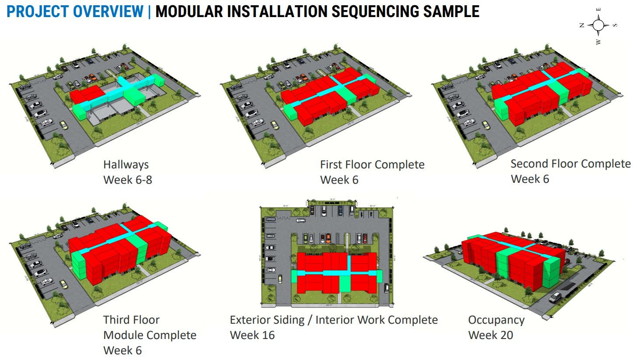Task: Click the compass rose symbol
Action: [598, 25]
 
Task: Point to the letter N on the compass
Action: [582, 25]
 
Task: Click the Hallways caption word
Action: [126, 165]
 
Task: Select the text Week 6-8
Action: [128, 180]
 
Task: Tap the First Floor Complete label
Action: [372, 165]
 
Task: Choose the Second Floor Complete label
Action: [570, 164]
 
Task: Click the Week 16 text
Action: [252, 335]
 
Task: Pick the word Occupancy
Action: [496, 320]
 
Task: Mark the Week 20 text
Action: [490, 335]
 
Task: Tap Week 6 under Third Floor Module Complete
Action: [122, 350]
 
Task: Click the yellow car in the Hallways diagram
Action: [64, 126]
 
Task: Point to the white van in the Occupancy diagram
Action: [555, 297]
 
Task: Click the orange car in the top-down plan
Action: [328, 238]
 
